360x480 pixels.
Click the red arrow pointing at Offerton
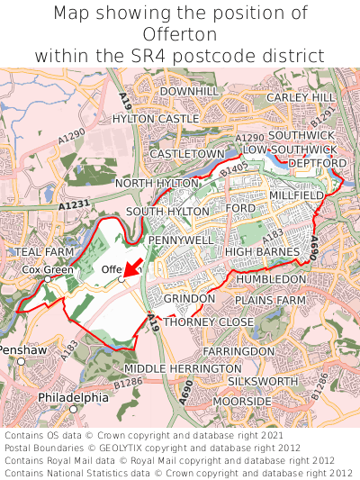[131, 268]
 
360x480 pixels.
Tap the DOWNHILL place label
[189, 92]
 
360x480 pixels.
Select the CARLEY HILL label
[301, 97]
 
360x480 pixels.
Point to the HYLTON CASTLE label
[156, 119]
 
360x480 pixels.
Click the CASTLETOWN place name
[187, 154]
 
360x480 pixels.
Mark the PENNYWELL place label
[181, 240]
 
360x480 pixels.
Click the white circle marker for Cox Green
[48, 279]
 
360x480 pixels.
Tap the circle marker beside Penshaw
[21, 361]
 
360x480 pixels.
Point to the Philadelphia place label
[73, 397]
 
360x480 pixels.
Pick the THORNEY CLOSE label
[209, 322]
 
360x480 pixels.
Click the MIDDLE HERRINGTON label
[182, 369]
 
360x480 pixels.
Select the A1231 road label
[76, 206]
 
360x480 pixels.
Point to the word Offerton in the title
[180, 34]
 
